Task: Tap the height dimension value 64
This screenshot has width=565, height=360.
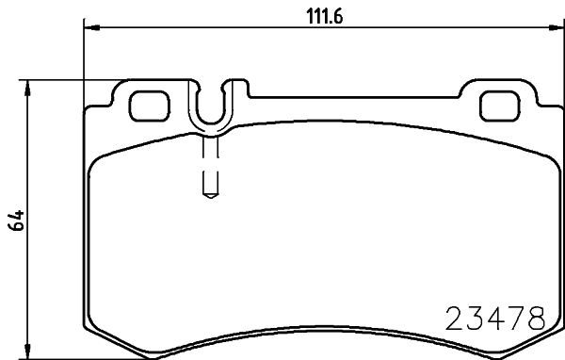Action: click(x=15, y=221)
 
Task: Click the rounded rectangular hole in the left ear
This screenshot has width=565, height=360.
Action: click(x=145, y=105)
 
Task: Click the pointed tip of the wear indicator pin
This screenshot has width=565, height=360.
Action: click(x=211, y=196)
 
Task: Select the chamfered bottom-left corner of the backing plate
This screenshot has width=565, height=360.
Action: click(x=100, y=335)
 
